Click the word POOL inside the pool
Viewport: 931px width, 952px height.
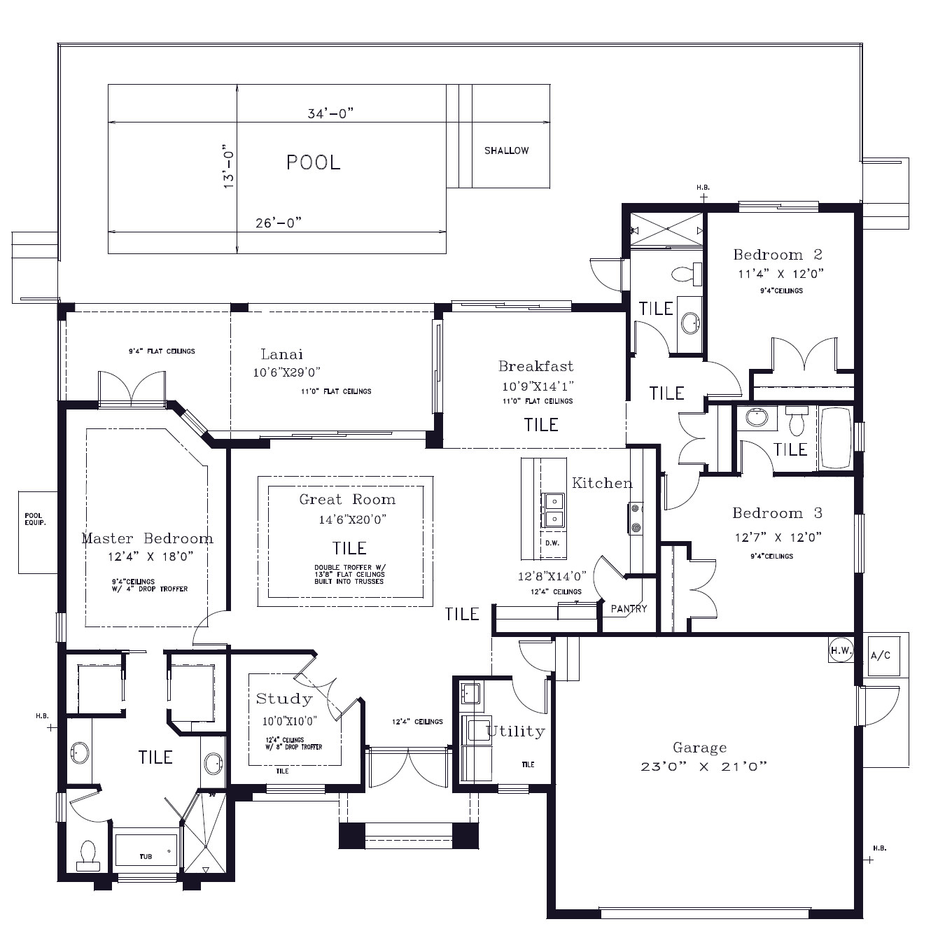pos(313,162)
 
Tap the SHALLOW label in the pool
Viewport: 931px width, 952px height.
pos(506,150)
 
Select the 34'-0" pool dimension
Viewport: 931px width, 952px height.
pos(330,113)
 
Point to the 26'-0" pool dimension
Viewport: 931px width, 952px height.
pos(279,223)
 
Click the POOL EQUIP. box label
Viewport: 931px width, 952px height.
pos(35,519)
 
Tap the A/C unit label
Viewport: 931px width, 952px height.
pos(881,655)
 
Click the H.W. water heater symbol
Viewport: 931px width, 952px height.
pos(841,650)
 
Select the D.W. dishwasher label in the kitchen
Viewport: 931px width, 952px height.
pos(552,543)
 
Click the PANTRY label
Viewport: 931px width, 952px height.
pos(629,609)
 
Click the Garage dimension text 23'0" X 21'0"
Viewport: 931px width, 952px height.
pos(703,766)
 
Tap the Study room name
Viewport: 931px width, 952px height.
pos(284,699)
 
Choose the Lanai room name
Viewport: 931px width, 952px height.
pos(281,354)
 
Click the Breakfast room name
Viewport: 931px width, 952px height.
pos(535,366)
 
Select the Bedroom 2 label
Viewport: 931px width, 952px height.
pos(778,254)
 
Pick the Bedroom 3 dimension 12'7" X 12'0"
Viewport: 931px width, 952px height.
pos(778,537)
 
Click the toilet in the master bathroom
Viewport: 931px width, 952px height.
pos(89,855)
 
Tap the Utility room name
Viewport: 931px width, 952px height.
pos(516,731)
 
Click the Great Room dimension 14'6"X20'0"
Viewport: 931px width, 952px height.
pos(352,519)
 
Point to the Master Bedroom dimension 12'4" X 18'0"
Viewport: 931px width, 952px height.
pos(150,556)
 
